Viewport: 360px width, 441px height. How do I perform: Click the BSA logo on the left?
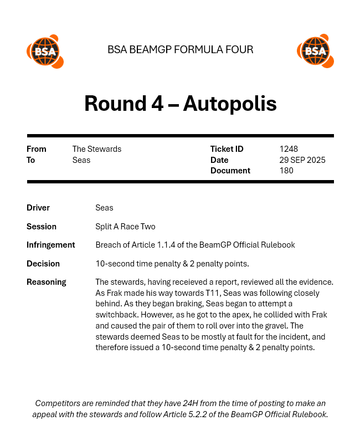[45, 52]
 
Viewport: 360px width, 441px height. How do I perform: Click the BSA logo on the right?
[315, 52]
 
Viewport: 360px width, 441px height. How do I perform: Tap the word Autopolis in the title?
[230, 104]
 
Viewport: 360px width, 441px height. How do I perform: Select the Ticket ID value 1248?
[289, 149]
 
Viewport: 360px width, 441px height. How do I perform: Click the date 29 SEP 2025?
[302, 160]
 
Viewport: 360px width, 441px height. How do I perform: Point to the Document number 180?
[286, 171]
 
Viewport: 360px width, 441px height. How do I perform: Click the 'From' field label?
[37, 149]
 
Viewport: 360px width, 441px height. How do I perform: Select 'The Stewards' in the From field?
[97, 149]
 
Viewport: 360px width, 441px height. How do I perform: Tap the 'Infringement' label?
[50, 245]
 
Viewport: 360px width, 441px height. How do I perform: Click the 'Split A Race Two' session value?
[125, 227]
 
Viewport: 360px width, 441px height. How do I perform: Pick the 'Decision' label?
[43, 264]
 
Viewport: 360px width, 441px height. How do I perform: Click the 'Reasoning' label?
[47, 282]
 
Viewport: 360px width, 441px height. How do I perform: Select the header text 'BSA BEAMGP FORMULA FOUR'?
[180, 50]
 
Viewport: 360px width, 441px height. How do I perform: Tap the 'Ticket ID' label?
[227, 149]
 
